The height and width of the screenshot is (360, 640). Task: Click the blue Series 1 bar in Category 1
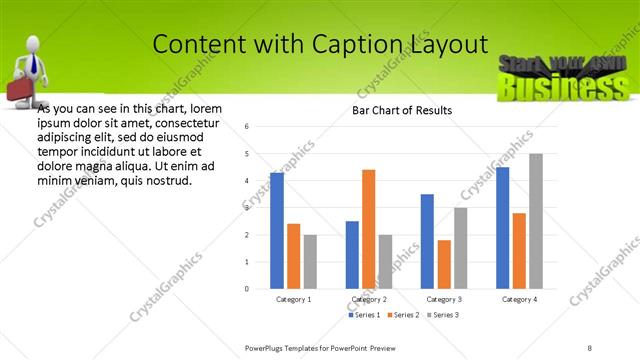[277, 231]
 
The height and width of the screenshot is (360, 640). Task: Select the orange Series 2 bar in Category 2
[369, 229]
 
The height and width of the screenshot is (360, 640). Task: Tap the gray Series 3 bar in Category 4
[536, 221]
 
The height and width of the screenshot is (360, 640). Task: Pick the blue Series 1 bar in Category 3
[427, 241]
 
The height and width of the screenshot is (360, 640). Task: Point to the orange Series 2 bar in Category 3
[444, 264]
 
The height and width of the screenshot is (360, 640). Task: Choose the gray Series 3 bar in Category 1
[310, 261]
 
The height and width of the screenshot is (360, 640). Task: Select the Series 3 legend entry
[445, 315]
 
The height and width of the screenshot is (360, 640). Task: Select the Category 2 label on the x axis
[369, 299]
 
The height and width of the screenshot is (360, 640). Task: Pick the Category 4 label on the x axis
[519, 299]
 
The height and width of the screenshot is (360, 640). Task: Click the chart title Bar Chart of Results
[402, 110]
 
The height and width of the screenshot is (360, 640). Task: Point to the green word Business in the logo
[560, 89]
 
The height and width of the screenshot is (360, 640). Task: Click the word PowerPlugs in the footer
[267, 347]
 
